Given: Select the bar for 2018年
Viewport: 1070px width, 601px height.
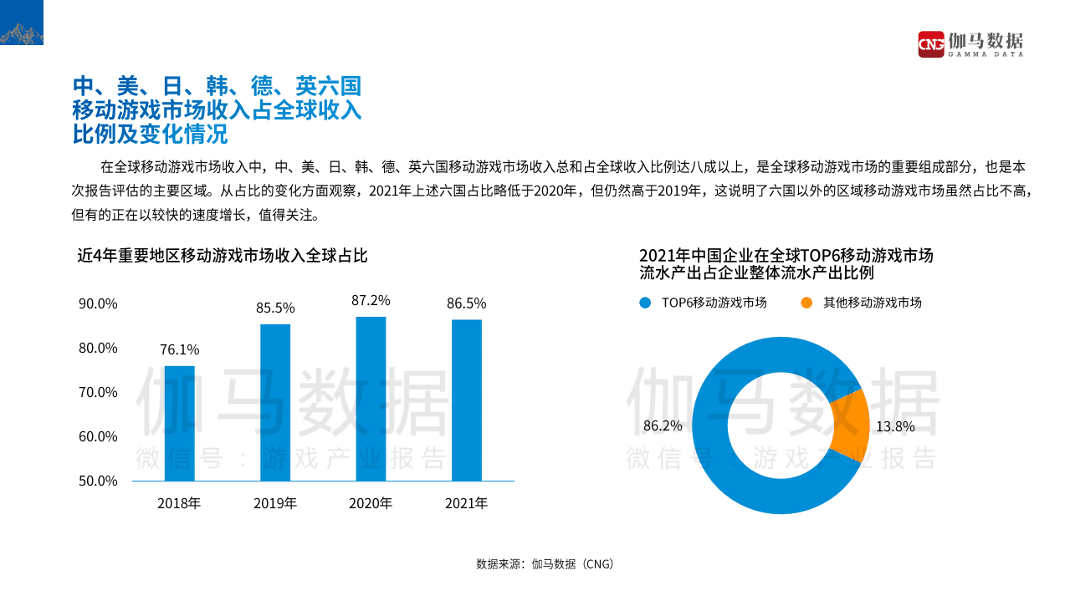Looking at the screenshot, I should point(179,424).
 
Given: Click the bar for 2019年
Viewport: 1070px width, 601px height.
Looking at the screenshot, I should point(275,403).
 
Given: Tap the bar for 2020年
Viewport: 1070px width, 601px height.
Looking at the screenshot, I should point(371,399).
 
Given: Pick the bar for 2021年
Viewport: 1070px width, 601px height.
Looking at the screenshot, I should point(466,400).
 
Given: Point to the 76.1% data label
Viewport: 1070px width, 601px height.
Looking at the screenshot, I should point(180,349).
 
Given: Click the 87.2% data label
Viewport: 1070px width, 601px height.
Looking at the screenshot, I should point(371,300).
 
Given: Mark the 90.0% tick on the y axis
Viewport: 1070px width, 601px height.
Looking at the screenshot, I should point(98,303).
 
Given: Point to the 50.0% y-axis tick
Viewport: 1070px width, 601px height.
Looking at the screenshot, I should point(98,481).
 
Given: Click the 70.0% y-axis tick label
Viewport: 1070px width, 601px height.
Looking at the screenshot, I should point(98,392).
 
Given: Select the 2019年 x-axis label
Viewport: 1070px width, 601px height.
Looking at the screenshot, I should point(275,503).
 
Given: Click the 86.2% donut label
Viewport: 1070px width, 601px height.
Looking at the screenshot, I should point(663,425).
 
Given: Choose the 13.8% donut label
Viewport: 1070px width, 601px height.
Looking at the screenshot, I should point(895,426).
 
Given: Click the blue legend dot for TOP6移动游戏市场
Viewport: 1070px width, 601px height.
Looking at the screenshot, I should point(644,303).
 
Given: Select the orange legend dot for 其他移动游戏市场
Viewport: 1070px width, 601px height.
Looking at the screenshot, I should point(806,303).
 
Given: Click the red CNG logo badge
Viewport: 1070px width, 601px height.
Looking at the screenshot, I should point(931,43).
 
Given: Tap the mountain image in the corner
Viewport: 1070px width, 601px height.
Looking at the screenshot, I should point(22,23).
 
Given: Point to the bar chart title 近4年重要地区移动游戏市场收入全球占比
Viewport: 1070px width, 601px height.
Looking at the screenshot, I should point(223,256).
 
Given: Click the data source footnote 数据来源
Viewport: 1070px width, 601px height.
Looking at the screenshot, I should point(545,563).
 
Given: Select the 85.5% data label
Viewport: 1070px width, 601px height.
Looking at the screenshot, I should point(275,308).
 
